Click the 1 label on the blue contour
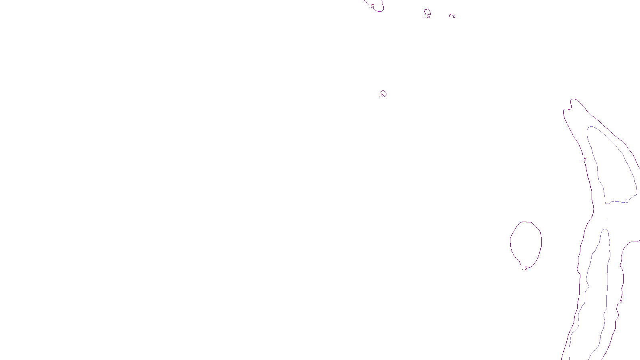[627, 201]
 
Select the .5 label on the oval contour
[525, 268]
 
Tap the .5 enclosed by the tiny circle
[382, 94]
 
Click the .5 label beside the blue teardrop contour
[584, 159]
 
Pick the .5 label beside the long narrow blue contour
[620, 301]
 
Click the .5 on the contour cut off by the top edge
[372, 6]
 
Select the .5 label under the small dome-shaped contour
[428, 16]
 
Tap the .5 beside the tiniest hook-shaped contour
[454, 18]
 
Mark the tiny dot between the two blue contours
[605, 220]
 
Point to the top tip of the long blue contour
[605, 229]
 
